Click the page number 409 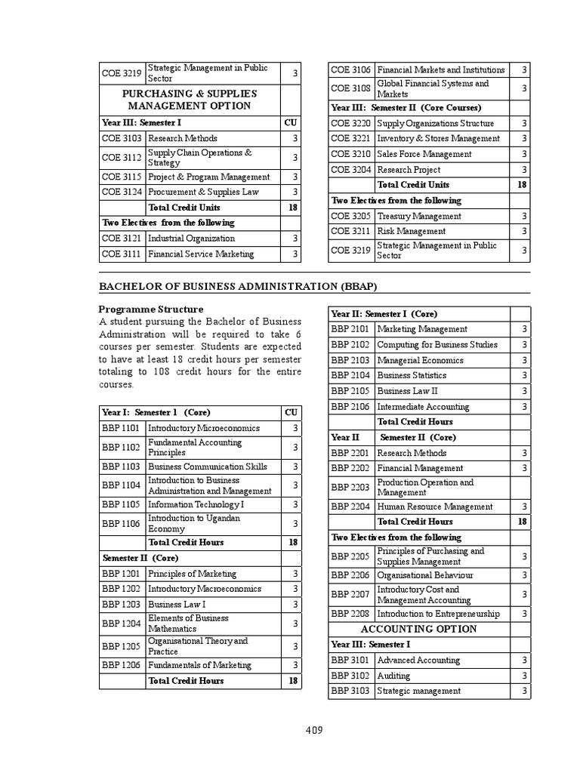[x=314, y=730]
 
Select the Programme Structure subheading [x=150, y=309]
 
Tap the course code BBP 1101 [x=121, y=428]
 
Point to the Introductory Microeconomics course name [x=203, y=428]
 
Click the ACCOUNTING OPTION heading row [x=418, y=629]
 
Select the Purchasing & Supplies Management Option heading [x=190, y=100]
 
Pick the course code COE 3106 [x=351, y=69]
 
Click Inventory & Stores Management [x=438, y=138]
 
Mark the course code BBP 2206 [x=351, y=574]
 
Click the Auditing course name [x=393, y=676]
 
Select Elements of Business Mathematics [x=188, y=623]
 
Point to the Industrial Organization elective [x=191, y=238]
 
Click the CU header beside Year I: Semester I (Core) [x=291, y=412]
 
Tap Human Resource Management [x=434, y=507]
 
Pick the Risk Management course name [x=411, y=231]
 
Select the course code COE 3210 [x=351, y=154]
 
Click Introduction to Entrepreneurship [x=438, y=614]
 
